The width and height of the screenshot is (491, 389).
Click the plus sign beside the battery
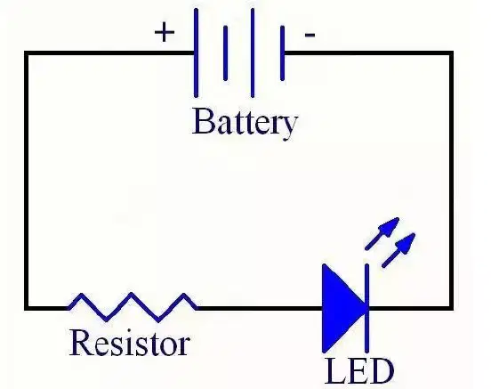coord(165,32)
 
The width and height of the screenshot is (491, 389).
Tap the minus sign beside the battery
coord(310,35)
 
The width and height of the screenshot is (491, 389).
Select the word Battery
coord(245,123)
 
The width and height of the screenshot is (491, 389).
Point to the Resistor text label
coord(129,343)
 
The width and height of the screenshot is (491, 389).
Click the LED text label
coord(359,371)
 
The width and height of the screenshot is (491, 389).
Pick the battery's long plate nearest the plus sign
coord(196,53)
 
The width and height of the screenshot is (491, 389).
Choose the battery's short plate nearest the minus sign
coord(283,53)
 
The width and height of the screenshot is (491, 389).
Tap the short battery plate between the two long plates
coord(225,53)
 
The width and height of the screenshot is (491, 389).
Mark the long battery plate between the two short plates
coord(253,53)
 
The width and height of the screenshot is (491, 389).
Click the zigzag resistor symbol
coord(133,307)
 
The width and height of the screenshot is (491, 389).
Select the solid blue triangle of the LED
coord(344,308)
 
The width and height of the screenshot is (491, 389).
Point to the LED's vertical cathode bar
coord(366,308)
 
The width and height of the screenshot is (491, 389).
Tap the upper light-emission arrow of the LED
coord(382,233)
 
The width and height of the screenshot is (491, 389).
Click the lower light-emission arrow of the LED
coord(398,250)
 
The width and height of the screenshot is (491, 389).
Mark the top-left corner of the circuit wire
coord(27,53)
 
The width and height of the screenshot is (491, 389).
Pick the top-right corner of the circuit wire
coord(452,53)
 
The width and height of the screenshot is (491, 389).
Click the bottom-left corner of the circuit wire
coord(27,309)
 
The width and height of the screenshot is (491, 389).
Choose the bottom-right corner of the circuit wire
coord(452,309)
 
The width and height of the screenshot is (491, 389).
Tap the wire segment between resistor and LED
coord(261,309)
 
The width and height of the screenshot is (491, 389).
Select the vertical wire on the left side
coord(27,181)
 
